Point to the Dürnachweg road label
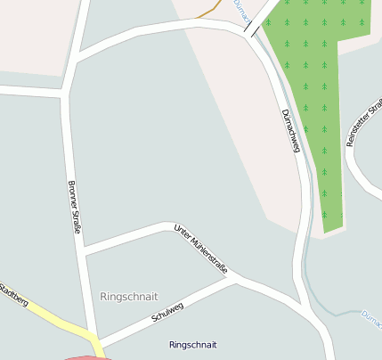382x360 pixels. (290, 130)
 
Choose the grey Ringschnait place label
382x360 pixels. (129, 296)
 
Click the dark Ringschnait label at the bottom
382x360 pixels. (192, 344)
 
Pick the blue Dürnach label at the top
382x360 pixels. (240, 11)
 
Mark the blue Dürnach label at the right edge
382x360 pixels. (372, 315)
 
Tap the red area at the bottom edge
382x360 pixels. (85, 356)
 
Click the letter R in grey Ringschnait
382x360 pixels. (104, 296)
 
